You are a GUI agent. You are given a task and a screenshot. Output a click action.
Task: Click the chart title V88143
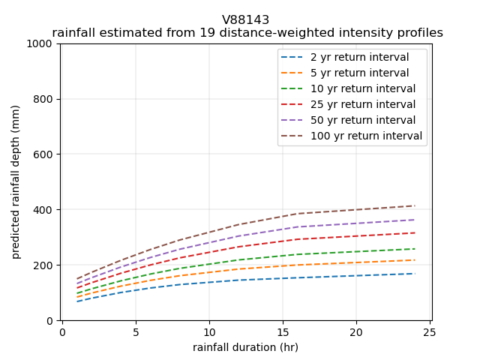pyautogui.click(x=245, y=20)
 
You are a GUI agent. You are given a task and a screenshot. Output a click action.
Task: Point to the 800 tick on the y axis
pyautogui.click(x=45, y=99)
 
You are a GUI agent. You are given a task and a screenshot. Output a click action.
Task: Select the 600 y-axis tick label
pyautogui.click(x=45, y=154)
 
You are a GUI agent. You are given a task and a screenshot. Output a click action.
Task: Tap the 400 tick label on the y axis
pyautogui.click(x=45, y=210)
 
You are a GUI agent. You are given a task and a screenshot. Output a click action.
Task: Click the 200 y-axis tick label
pyautogui.click(x=45, y=265)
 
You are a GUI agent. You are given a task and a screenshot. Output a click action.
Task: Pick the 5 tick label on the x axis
pyautogui.click(x=136, y=331)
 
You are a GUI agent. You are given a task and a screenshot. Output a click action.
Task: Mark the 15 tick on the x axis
pyautogui.click(x=283, y=331)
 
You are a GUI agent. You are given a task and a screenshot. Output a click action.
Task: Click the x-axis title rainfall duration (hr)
pyautogui.click(x=245, y=346)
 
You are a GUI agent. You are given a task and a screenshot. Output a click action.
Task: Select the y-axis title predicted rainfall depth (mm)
pyautogui.click(x=16, y=182)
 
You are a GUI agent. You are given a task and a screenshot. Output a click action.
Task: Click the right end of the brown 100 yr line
pyautogui.click(x=415, y=205)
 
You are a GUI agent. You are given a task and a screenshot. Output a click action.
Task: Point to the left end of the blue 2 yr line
pyautogui.click(x=77, y=301)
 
